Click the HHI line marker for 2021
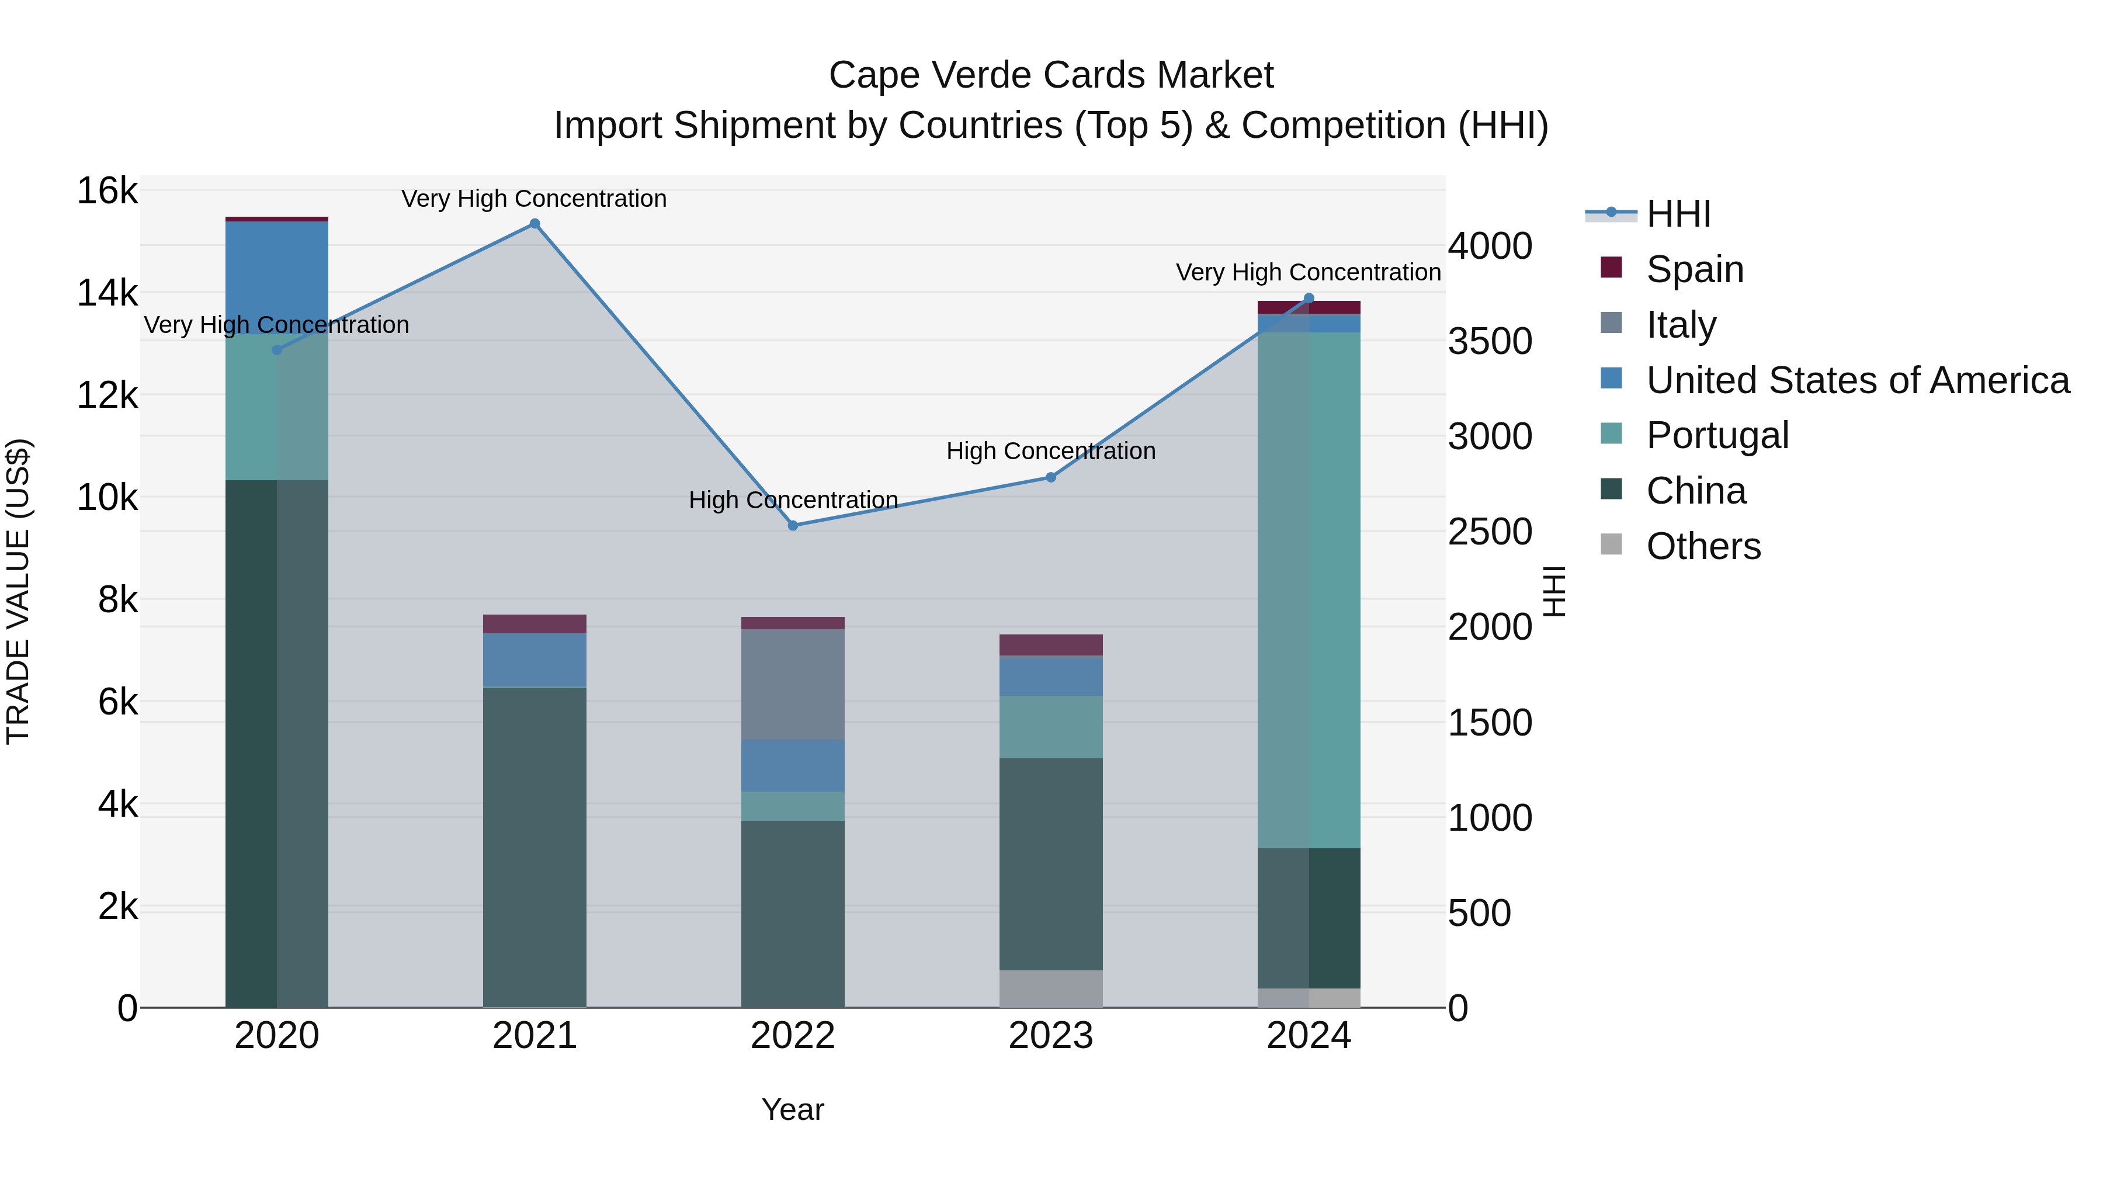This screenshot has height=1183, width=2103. click(x=535, y=224)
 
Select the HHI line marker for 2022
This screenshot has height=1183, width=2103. click(x=793, y=526)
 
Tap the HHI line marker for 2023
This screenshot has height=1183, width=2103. click(x=1051, y=478)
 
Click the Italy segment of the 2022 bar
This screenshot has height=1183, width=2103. click(x=793, y=684)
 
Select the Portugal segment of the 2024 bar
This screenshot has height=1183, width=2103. click(x=1309, y=589)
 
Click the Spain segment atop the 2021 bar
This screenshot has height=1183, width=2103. click(x=535, y=624)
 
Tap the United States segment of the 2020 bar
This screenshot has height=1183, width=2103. click(x=277, y=277)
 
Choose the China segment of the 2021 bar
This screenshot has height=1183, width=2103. click(x=535, y=848)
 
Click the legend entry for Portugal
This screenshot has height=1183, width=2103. click(x=1717, y=435)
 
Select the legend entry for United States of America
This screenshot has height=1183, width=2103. click(x=1857, y=380)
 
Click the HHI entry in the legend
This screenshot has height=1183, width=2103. click(x=1678, y=214)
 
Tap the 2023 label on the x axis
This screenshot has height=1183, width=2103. click(x=1051, y=1036)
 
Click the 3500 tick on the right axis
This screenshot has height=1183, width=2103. click(x=1490, y=341)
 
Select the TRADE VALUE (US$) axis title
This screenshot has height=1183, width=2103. click(x=18, y=591)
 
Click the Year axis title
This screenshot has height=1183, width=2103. click(x=793, y=1109)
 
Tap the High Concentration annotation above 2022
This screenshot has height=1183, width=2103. click(x=793, y=499)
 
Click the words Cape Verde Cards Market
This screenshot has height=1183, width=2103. click(x=1051, y=75)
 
